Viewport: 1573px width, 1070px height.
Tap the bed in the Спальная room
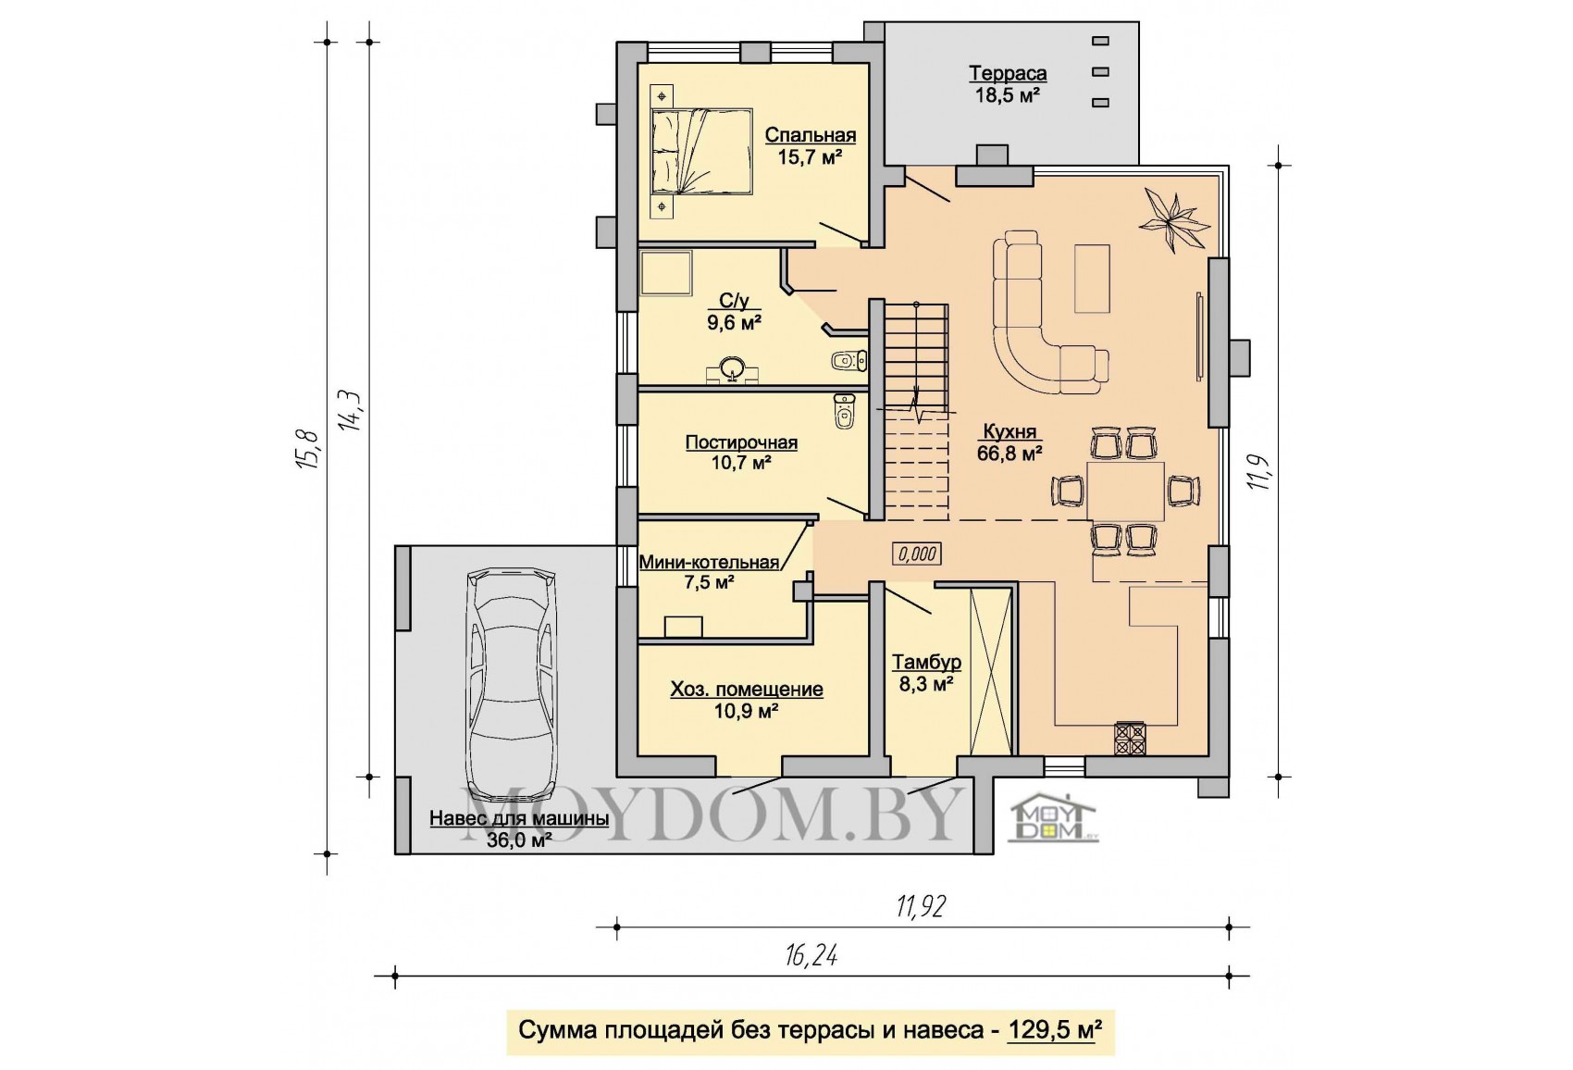pyautogui.click(x=702, y=151)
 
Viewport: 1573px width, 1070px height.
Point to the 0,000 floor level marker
pyautogui.click(x=917, y=554)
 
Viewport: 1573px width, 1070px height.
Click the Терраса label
pyautogui.click(x=1008, y=73)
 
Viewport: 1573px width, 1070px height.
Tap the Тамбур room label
pyautogui.click(x=926, y=663)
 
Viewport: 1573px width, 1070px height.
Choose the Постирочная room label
pyautogui.click(x=741, y=442)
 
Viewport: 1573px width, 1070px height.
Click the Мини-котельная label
pyautogui.click(x=710, y=562)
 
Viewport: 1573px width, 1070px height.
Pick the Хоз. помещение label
pyautogui.click(x=747, y=690)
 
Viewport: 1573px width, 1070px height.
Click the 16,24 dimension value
pyautogui.click(x=811, y=955)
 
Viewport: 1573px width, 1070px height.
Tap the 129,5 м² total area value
pyautogui.click(x=1051, y=1030)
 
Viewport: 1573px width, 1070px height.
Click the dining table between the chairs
pyautogui.click(x=1126, y=491)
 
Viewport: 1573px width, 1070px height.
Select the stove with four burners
pyautogui.click(x=1129, y=739)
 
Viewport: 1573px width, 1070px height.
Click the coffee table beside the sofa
pyautogui.click(x=1092, y=278)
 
